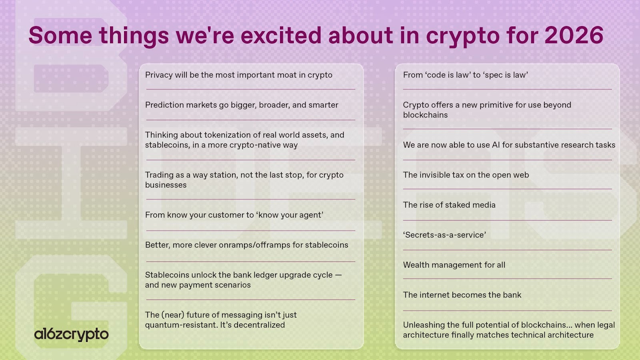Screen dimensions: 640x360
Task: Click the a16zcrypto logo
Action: coord(71,334)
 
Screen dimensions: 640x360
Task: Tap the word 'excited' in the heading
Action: coord(281,35)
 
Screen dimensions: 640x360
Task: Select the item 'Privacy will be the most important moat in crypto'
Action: coord(238,75)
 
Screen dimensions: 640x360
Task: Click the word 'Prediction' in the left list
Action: coord(164,105)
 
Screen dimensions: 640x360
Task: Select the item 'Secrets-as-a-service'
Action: coord(444,235)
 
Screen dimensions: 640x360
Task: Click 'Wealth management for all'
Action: coord(454,265)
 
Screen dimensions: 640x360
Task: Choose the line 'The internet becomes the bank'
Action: coord(462,295)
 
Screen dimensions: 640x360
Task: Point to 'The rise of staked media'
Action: coord(449,205)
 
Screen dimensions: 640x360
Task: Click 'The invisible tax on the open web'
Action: coord(466,175)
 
